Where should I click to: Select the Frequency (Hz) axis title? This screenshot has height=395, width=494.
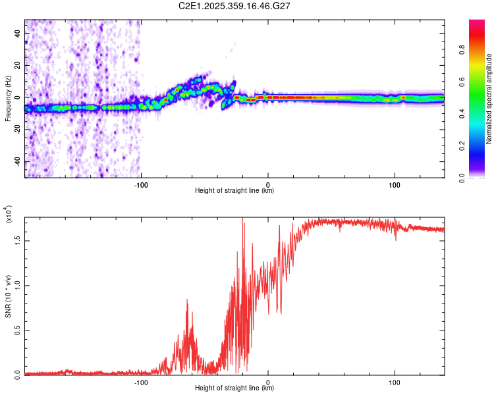click(x=9, y=99)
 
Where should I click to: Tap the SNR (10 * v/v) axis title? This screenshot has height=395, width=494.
click(x=9, y=296)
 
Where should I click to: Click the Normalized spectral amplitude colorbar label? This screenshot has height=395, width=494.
click(x=489, y=99)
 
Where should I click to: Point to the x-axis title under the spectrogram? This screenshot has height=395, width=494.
click(x=234, y=191)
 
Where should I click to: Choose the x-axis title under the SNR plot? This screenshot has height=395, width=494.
click(x=234, y=388)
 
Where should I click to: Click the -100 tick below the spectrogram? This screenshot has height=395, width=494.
click(x=141, y=184)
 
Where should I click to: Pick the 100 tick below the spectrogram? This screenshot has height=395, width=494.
click(x=395, y=184)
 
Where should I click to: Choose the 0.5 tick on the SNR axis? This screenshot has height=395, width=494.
click(x=17, y=330)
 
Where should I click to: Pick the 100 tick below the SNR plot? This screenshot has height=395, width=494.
click(x=395, y=382)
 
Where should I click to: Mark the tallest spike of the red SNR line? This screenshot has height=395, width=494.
click(x=243, y=219)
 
